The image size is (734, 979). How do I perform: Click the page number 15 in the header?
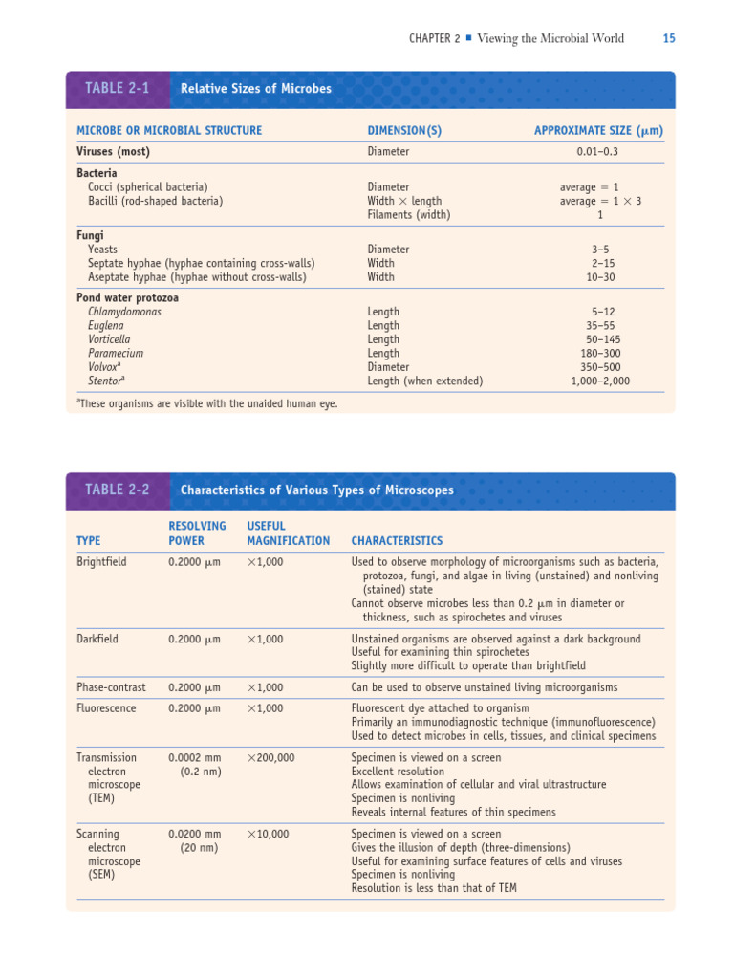(x=668, y=38)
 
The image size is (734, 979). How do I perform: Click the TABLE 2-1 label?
(x=117, y=88)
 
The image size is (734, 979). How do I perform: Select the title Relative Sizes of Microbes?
(x=255, y=89)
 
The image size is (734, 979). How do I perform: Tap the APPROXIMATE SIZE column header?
(x=598, y=130)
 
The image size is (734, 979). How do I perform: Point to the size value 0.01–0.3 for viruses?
(x=597, y=151)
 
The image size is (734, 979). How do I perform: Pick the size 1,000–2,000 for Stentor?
(x=600, y=381)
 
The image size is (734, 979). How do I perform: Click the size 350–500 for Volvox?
(x=600, y=367)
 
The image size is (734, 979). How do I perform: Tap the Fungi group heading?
(x=90, y=235)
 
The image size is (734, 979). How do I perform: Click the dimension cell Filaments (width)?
(x=408, y=215)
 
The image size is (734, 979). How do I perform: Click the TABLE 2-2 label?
(x=117, y=489)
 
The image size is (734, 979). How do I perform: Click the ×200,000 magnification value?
(x=270, y=757)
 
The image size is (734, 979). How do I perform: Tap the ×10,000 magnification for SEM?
(x=268, y=834)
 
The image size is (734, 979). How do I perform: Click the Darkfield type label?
(x=97, y=639)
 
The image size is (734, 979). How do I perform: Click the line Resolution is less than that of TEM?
(x=434, y=888)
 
